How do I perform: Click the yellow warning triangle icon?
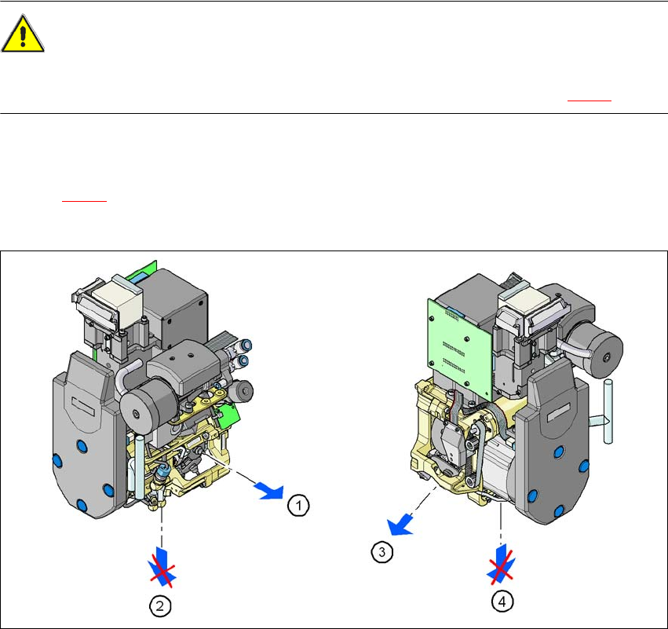[23, 34]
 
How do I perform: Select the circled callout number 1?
[298, 506]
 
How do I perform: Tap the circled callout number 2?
[160, 605]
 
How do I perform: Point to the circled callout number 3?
[381, 552]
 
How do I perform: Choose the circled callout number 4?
[502, 602]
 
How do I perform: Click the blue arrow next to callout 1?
[270, 491]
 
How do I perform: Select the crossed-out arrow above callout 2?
[162, 568]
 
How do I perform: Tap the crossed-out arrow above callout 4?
[501, 565]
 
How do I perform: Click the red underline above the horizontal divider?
[590, 101]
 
